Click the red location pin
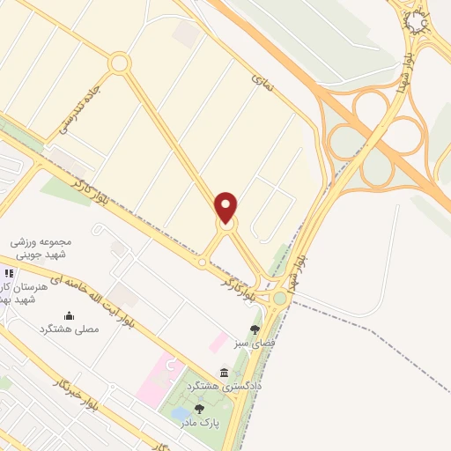pos(226,207)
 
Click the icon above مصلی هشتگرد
pos(69,315)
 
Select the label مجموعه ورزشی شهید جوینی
pos(52,247)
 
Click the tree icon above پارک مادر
pos(199,409)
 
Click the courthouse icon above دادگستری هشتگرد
pos(224,373)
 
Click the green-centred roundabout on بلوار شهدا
pos(280,298)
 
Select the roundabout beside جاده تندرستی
pos(119,63)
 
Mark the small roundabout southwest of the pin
pos(203,262)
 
